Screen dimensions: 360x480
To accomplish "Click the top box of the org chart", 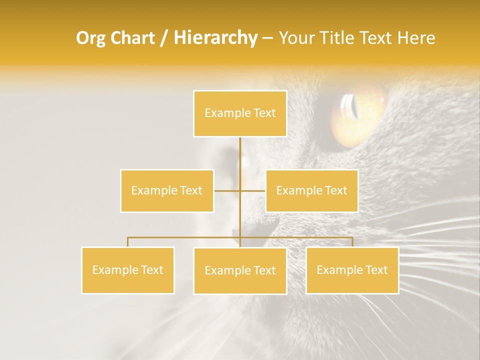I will [x=240, y=113].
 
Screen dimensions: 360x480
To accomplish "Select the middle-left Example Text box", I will [x=167, y=190].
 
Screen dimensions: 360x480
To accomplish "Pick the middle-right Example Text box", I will [x=311, y=190].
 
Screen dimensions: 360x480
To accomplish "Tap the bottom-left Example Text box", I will [x=127, y=270].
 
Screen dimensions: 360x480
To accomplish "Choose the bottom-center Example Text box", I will [x=240, y=270].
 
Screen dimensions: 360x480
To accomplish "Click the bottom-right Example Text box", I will [x=352, y=270].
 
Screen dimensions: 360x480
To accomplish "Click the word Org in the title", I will [x=89, y=38].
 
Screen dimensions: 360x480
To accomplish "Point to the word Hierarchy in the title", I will [x=215, y=38].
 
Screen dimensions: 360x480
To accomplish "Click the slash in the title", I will [x=164, y=38].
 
